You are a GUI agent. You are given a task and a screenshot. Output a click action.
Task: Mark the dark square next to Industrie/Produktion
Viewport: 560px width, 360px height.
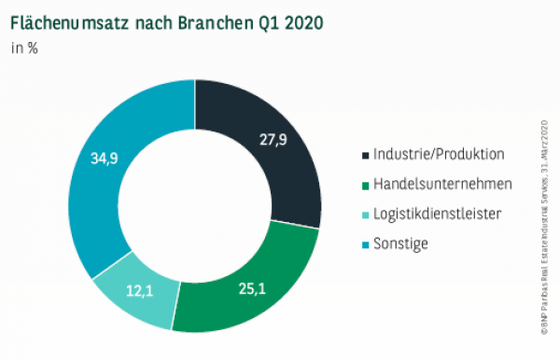click(364, 155)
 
